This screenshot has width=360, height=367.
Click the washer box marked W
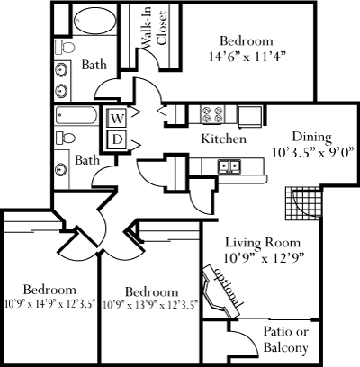point(117,119)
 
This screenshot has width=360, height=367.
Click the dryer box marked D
point(117,139)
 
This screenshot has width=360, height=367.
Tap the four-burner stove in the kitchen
point(212,114)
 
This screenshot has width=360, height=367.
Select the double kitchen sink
point(229,166)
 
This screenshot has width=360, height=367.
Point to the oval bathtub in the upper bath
point(94,21)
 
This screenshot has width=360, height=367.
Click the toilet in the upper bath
point(65,48)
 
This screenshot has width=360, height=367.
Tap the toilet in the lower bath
point(65,139)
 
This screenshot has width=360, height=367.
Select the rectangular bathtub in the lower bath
point(76,115)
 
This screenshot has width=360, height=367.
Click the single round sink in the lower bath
point(61,169)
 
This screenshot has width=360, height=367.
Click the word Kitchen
point(224,139)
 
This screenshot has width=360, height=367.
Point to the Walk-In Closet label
point(154,29)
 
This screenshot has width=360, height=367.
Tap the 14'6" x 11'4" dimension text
point(247,57)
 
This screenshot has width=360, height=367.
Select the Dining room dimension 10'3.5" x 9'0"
point(312,153)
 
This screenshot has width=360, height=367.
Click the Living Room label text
point(263,242)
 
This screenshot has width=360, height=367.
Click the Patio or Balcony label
point(286,339)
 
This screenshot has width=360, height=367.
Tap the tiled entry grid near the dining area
point(303,203)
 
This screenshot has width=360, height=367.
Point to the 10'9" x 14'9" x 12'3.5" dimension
point(50,304)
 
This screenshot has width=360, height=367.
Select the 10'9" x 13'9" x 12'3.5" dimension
point(150,306)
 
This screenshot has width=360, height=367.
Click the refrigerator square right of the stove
point(250,116)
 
